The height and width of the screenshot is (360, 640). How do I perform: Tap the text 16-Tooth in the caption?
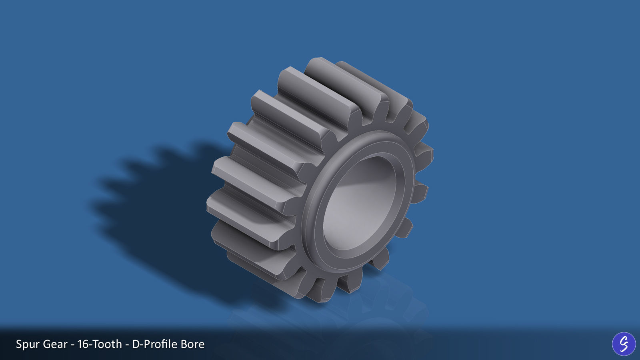[x=100, y=344]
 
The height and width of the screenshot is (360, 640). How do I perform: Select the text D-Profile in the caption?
[x=154, y=344]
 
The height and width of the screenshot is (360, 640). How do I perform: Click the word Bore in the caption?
[x=192, y=344]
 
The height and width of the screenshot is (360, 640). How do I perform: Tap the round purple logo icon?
[x=624, y=344]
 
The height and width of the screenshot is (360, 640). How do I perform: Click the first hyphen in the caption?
[x=72, y=344]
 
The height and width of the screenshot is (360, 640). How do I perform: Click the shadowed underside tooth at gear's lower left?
[x=256, y=260]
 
